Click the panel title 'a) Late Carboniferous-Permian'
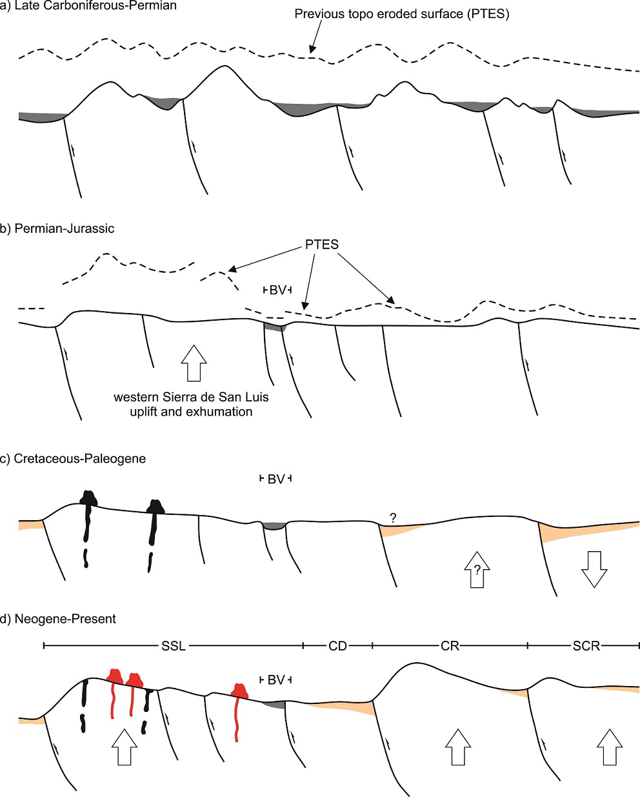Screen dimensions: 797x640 (88, 6)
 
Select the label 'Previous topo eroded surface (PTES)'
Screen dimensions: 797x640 (401, 14)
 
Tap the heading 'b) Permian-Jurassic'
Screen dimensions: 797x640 (57, 228)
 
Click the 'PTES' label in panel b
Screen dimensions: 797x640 (322, 245)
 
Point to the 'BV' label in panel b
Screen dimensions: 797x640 (277, 290)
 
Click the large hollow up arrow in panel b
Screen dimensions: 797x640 (194, 363)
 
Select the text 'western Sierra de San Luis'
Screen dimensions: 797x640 (191, 397)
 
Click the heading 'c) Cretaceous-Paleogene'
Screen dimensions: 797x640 (73, 459)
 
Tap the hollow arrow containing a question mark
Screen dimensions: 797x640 (477, 569)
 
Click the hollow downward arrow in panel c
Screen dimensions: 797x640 (594, 569)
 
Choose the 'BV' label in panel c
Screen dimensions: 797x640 (275, 479)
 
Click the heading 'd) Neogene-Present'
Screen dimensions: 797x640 (58, 620)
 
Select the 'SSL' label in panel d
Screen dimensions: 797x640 (173, 646)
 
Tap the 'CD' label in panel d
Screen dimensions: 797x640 (338, 646)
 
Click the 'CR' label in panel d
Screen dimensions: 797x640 (450, 646)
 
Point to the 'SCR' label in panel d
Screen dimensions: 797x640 (586, 646)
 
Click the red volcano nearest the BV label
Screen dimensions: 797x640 (241, 691)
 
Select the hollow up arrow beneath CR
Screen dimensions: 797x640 (459, 747)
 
